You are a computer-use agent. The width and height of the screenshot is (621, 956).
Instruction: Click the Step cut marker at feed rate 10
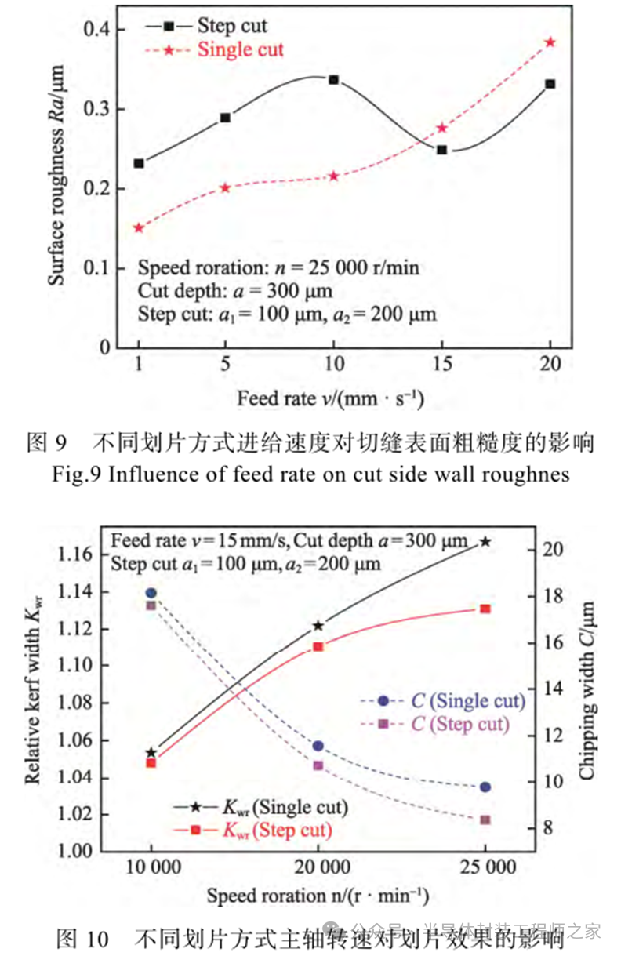coord(333,80)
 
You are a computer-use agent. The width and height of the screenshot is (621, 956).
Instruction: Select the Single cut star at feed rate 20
coord(550,42)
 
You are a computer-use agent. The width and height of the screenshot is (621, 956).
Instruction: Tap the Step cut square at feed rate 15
coord(441,150)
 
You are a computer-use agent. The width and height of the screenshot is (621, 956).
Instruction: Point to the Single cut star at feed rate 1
coord(139,228)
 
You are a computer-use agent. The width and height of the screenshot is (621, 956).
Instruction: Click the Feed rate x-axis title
coord(330,398)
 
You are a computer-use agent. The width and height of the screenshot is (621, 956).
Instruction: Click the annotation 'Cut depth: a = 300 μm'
coord(235,291)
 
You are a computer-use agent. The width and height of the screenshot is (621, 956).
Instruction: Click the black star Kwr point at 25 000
coord(486,541)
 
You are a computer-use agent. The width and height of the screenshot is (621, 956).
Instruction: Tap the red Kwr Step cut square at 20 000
coord(318,647)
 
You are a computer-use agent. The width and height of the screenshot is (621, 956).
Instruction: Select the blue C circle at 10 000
coord(151,593)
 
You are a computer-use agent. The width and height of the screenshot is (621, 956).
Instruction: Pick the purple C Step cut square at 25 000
coord(485,820)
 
